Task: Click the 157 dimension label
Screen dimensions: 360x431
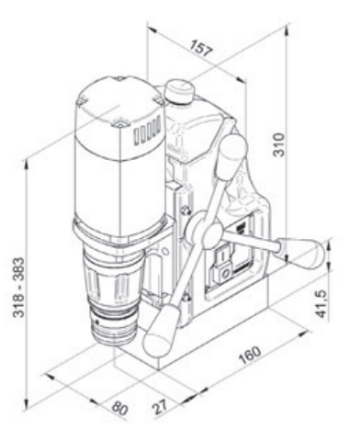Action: coord(201,48)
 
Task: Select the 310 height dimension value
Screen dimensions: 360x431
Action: coord(278,144)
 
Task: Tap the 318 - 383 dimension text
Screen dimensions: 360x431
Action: coord(19,288)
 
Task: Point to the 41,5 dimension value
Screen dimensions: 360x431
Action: coord(321,303)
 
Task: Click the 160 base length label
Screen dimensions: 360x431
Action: coord(251,355)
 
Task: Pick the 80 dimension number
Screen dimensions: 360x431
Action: coord(119,408)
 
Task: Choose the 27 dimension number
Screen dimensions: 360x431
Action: coord(160,406)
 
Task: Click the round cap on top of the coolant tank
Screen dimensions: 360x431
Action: coord(180,91)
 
